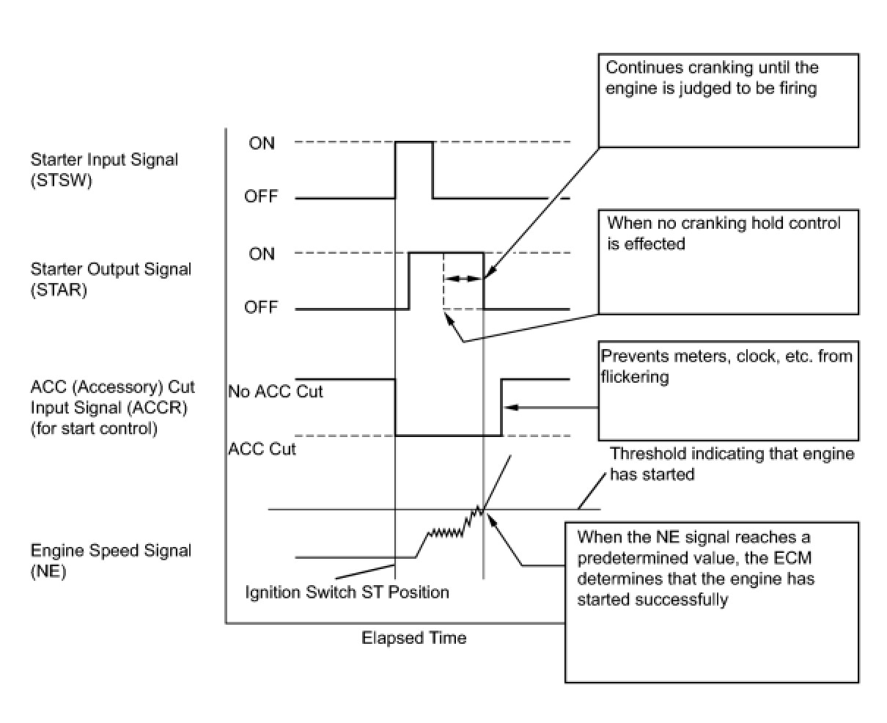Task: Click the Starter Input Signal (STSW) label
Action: pos(104,170)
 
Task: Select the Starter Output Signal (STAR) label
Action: pos(111,279)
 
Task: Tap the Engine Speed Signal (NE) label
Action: pos(111,561)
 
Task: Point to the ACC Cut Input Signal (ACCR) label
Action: pos(109,408)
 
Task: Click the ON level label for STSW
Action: pos(262,143)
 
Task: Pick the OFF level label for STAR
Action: pos(262,307)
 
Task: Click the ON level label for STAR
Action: pos(262,254)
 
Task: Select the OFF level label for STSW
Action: pos(262,197)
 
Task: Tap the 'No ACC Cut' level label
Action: pos(276,391)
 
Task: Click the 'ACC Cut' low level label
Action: pos(262,449)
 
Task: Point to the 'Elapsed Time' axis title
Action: pos(413,638)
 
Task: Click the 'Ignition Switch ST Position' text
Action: pos(347,592)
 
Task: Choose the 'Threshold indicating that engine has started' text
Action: pos(732,463)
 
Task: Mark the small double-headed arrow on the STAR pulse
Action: pos(463,279)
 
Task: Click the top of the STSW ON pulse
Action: pos(414,142)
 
